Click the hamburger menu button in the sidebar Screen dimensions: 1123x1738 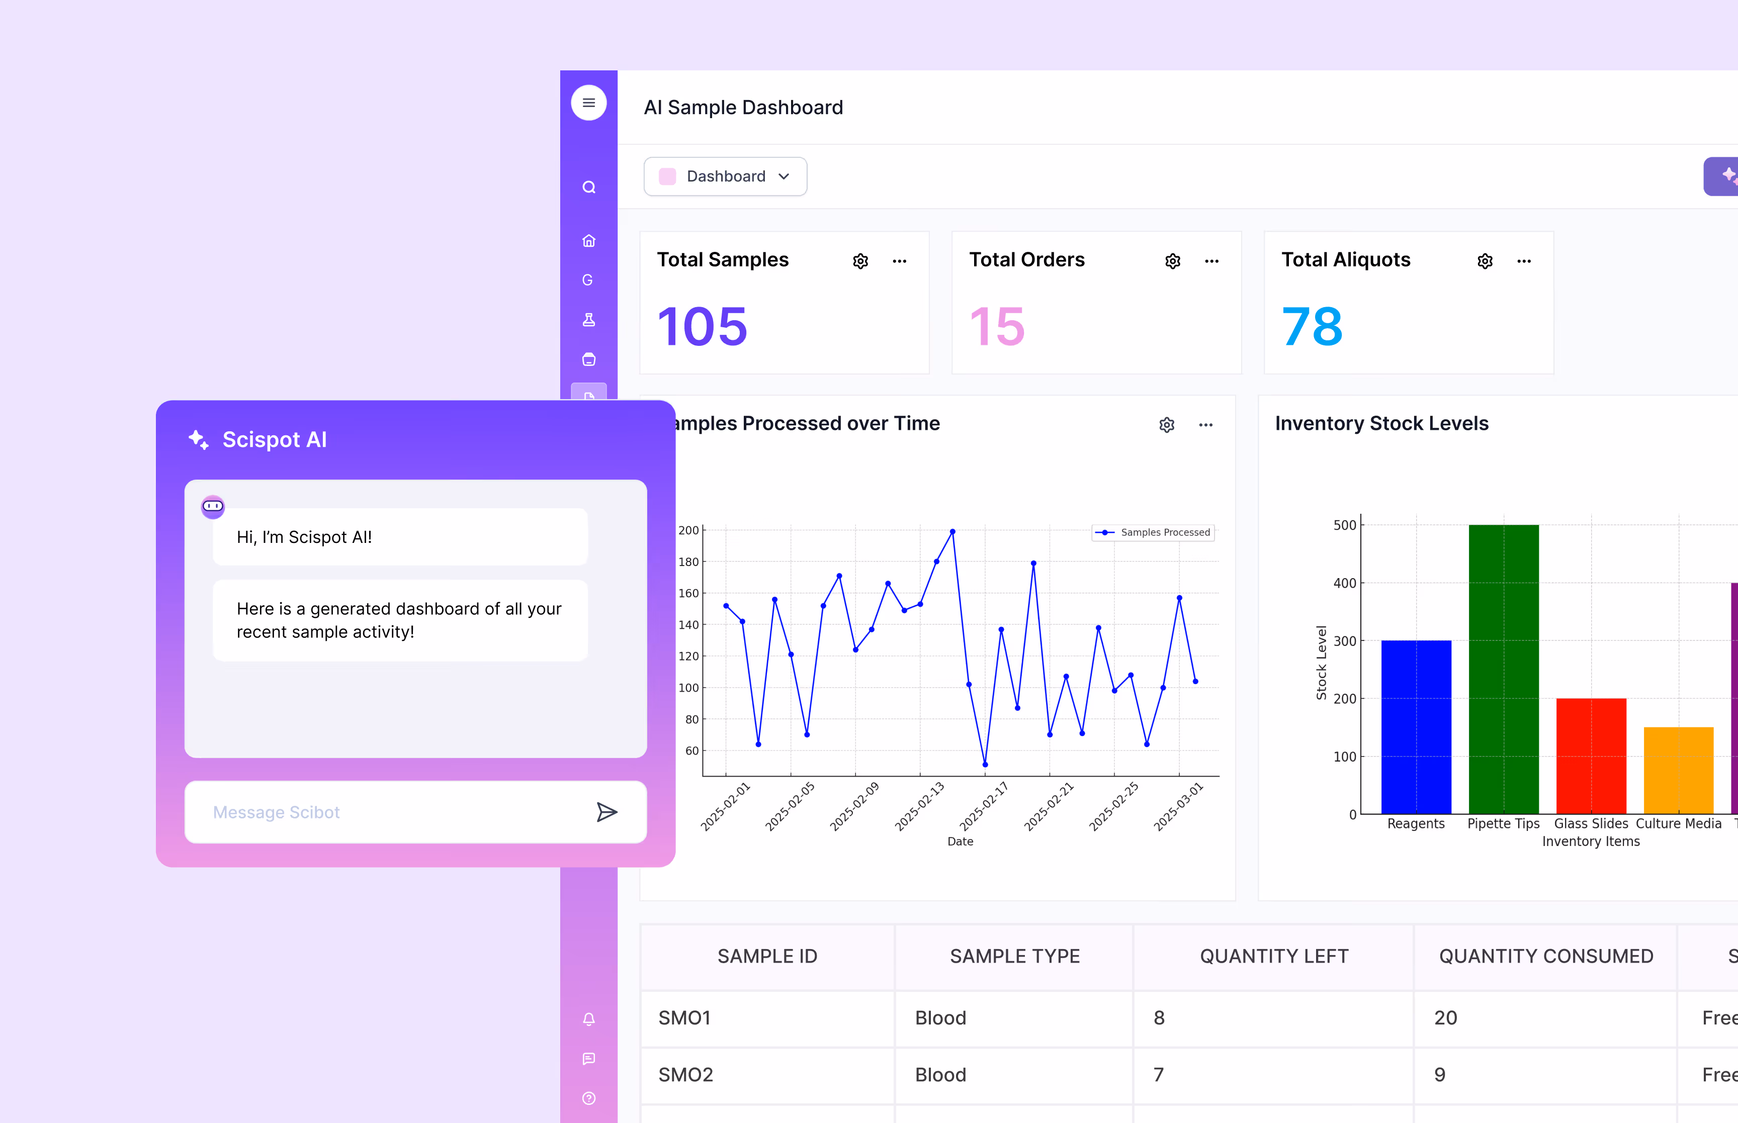[x=588, y=103]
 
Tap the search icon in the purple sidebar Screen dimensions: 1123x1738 [x=588, y=188]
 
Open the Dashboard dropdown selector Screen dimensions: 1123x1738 [x=725, y=176]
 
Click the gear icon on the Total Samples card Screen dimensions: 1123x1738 [x=860, y=261]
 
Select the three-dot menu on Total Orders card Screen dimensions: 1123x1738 [x=1211, y=261]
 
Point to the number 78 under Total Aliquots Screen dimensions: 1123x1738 [x=1312, y=327]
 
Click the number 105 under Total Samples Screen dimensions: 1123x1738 [x=703, y=327]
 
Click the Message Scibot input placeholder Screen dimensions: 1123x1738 [x=277, y=812]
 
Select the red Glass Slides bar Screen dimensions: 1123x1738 [x=1591, y=756]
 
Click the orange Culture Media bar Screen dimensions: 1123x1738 [x=1678, y=770]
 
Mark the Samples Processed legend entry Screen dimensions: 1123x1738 [x=1153, y=532]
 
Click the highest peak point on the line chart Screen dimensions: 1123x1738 [x=952, y=532]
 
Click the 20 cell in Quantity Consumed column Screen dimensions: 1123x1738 [x=1445, y=1017]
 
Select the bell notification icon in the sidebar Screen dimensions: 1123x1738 [x=588, y=1019]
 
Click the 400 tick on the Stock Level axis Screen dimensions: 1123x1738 [x=1344, y=584]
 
